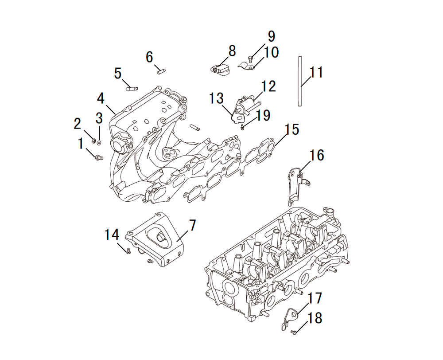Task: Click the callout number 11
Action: pyautogui.click(x=316, y=72)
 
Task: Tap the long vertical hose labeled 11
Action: pyautogui.click(x=300, y=81)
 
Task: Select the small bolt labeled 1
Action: pyautogui.click(x=99, y=157)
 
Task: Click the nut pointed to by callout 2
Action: pyautogui.click(x=93, y=140)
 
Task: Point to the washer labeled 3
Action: pyautogui.click(x=99, y=142)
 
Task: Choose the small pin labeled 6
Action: pyautogui.click(x=161, y=71)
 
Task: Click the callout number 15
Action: pyautogui.click(x=292, y=129)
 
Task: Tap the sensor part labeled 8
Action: pyautogui.click(x=221, y=70)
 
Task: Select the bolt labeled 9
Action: pyautogui.click(x=250, y=59)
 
